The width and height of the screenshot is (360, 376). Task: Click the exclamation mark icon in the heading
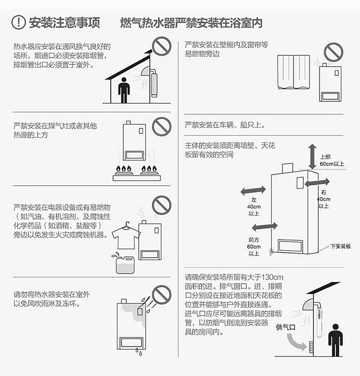(18, 22)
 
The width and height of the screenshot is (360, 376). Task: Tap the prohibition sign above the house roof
(162, 46)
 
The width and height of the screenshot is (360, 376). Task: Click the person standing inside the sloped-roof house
(124, 90)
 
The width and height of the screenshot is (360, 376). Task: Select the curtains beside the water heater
(293, 72)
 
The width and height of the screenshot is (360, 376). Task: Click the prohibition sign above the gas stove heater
(162, 127)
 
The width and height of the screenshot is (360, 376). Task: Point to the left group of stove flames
(123, 169)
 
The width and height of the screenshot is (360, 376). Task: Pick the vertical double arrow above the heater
(312, 157)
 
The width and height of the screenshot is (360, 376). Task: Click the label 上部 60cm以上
(332, 160)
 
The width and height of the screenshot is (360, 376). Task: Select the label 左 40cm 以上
(254, 206)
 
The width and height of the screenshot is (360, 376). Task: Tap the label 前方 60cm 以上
(254, 246)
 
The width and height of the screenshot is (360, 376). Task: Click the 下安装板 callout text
(341, 246)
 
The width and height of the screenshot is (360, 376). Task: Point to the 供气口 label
(285, 327)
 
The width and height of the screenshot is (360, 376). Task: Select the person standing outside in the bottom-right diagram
(336, 340)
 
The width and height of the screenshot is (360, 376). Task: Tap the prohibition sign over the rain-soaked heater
(162, 295)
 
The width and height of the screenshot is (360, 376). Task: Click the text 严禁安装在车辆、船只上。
(225, 125)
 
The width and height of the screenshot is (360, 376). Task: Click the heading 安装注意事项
(64, 23)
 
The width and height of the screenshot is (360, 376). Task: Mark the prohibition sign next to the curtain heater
(334, 52)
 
